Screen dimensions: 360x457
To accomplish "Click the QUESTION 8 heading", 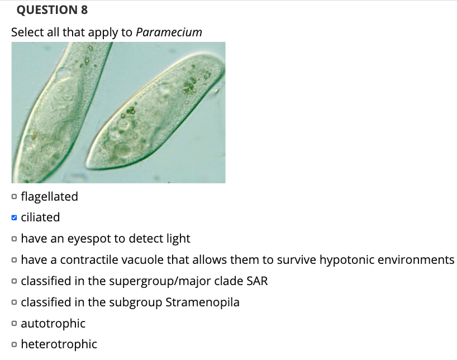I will (x=50, y=10).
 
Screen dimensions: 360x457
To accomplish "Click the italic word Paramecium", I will (x=169, y=32).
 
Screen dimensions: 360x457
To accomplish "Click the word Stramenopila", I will (x=203, y=302).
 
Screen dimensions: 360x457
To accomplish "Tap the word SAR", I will (x=257, y=281).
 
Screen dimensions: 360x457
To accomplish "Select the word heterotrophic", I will (x=59, y=344).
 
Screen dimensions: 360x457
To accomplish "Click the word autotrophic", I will (x=53, y=324).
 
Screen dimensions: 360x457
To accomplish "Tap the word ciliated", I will (x=40, y=217).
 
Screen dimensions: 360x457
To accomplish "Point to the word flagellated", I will (x=49, y=196).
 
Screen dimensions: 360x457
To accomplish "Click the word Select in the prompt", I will (x=27, y=32).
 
